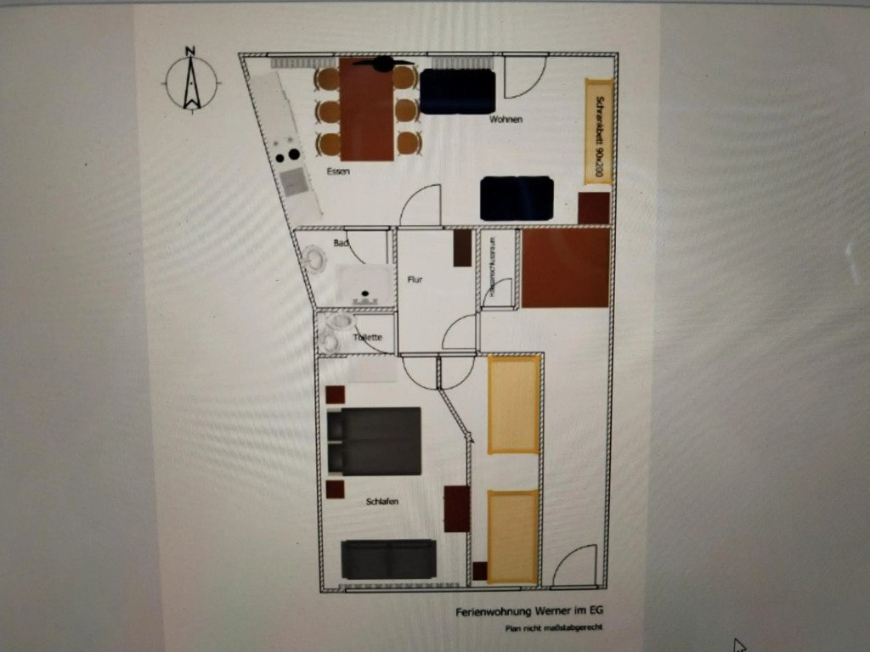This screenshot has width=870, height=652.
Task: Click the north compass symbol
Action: [192, 81]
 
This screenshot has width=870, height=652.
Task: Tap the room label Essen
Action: [339, 171]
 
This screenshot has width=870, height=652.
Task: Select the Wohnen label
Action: [506, 120]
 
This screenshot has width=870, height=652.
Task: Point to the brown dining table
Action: [367, 110]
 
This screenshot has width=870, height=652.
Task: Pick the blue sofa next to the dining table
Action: [457, 92]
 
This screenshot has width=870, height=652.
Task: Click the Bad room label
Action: [342, 244]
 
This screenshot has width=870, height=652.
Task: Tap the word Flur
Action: [415, 279]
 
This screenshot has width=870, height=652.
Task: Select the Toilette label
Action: [368, 338]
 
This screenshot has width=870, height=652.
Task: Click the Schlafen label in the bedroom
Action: [382, 502]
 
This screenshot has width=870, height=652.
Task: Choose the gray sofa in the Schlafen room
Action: [388, 559]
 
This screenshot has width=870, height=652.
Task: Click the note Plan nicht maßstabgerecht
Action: [554, 629]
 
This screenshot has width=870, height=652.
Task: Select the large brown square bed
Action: [565, 267]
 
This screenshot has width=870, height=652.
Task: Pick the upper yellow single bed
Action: [514, 404]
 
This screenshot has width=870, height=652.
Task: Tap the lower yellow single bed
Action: [513, 537]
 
